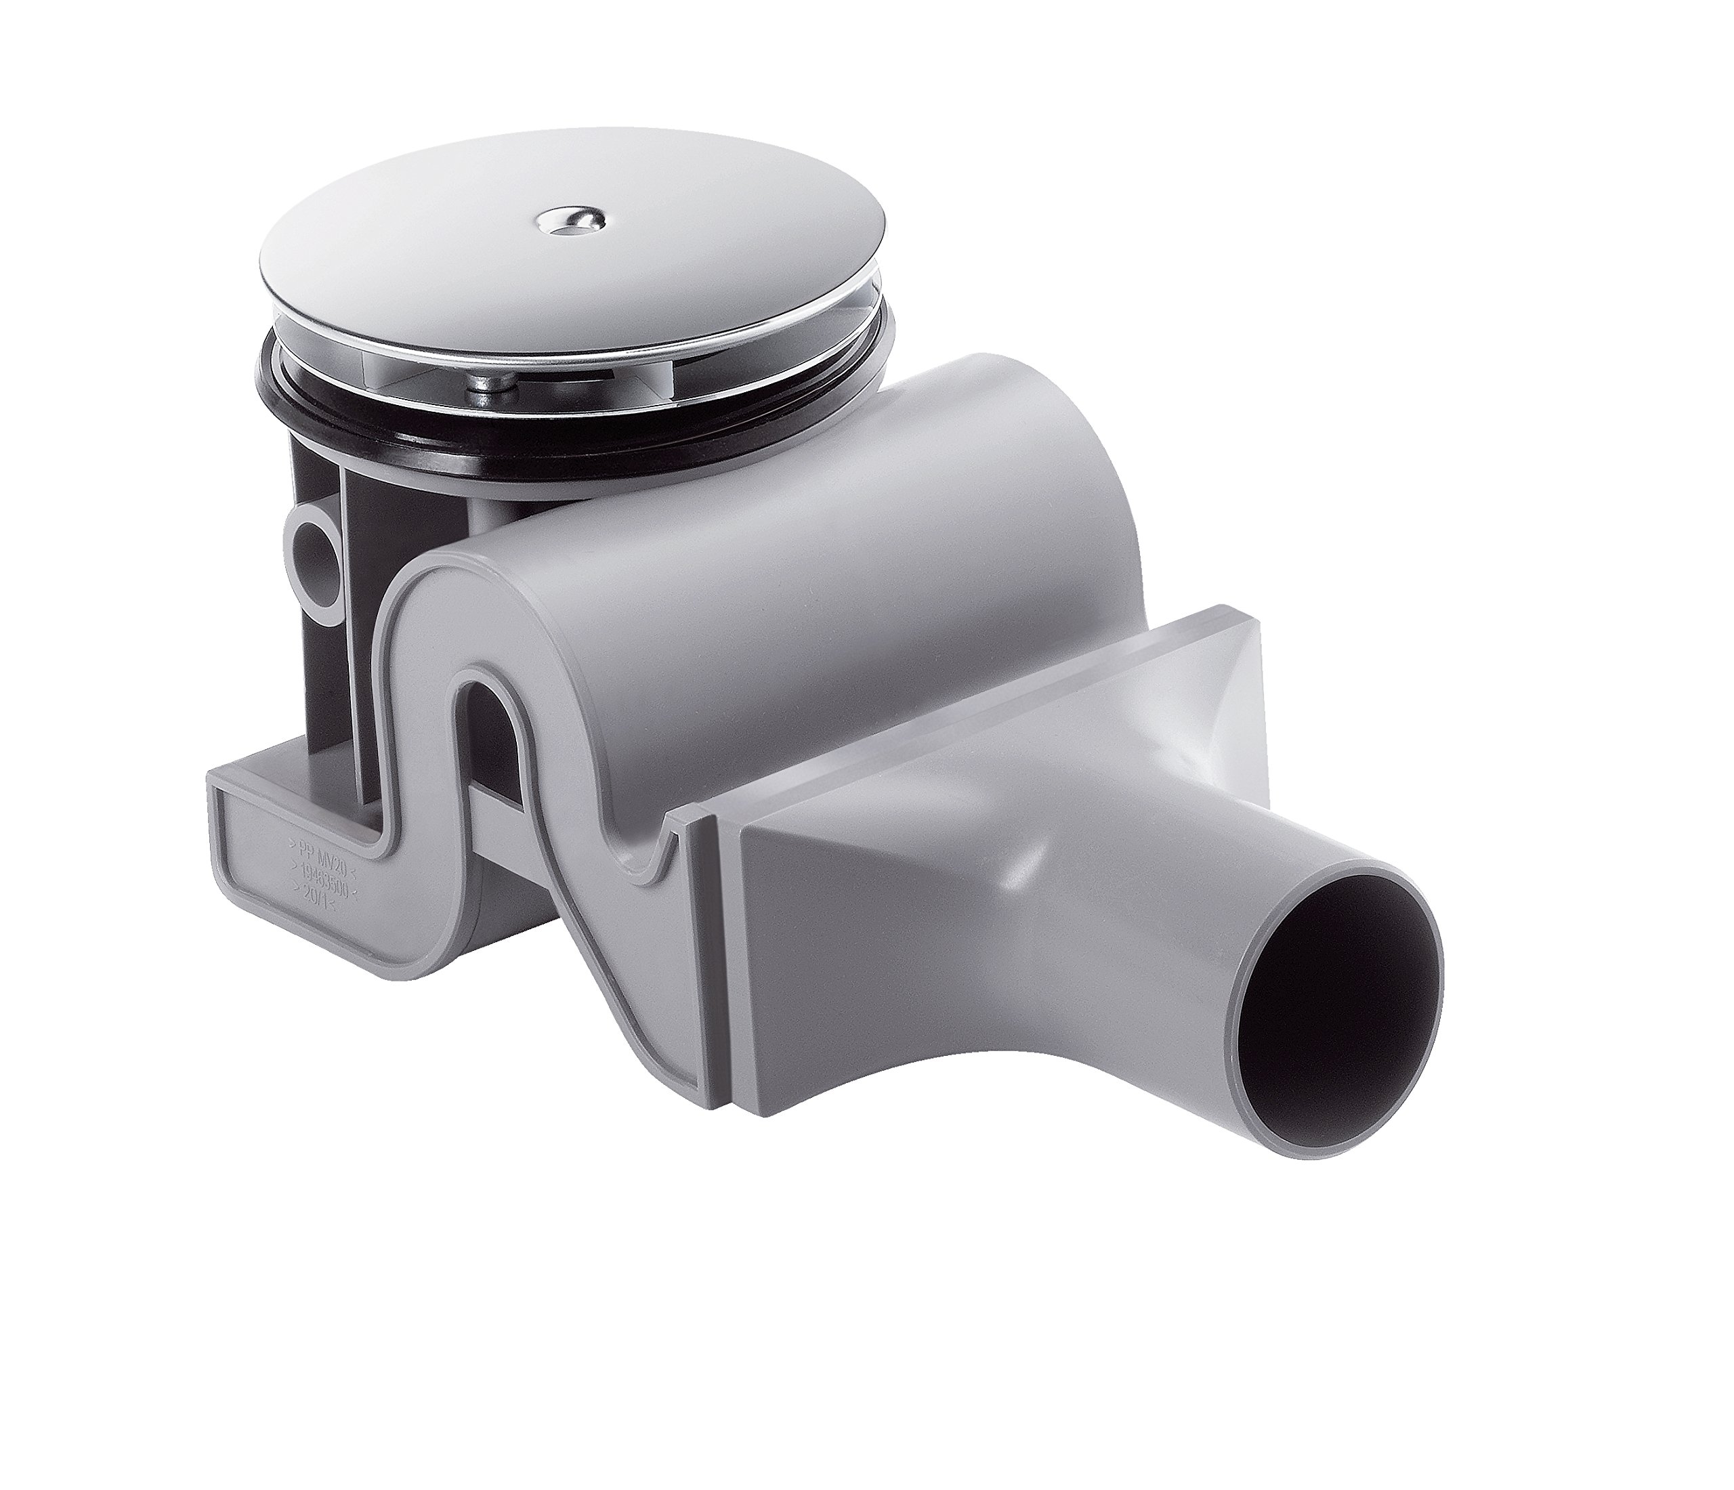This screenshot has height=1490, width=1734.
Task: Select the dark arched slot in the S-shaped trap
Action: tap(480, 736)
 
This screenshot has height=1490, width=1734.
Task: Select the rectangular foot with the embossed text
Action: tap(284, 870)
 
